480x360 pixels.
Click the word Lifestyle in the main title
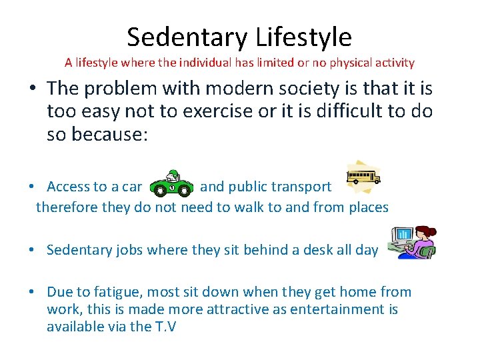point(295,37)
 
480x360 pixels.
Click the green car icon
point(171,185)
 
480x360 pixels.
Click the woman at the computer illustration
point(413,243)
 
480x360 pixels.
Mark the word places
point(365,207)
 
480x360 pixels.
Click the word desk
point(315,250)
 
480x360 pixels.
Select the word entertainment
point(339,309)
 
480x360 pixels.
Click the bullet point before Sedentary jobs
point(32,250)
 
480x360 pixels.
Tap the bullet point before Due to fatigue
point(32,292)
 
